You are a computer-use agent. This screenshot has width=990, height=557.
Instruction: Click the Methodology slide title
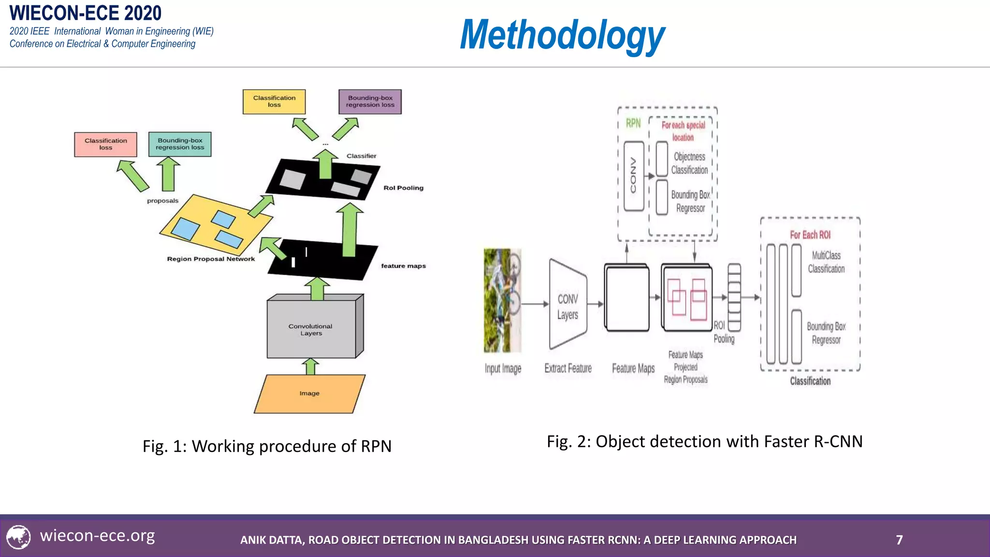click(562, 35)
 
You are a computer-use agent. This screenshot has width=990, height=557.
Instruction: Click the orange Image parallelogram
click(309, 394)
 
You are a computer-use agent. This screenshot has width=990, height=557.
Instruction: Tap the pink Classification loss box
click(105, 144)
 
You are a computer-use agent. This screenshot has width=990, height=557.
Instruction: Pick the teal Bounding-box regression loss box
click(180, 144)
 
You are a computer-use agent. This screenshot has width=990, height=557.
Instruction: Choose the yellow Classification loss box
click(274, 102)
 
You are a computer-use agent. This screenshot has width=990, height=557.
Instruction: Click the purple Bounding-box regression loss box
click(370, 102)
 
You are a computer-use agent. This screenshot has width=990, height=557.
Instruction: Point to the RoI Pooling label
click(403, 188)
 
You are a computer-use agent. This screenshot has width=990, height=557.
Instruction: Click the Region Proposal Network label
click(211, 259)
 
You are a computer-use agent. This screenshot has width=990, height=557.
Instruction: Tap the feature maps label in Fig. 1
click(403, 266)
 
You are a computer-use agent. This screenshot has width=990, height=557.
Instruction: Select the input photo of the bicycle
click(503, 300)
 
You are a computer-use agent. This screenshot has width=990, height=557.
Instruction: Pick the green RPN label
click(633, 123)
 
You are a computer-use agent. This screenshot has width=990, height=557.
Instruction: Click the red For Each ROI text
click(810, 235)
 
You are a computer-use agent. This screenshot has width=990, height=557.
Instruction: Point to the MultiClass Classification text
click(826, 262)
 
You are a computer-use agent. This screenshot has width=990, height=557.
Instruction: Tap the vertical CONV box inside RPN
click(633, 176)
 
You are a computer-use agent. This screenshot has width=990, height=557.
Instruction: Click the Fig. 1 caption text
click(267, 446)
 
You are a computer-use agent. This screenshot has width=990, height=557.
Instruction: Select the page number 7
click(899, 540)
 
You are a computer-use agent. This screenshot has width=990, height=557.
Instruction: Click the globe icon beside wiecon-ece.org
click(18, 537)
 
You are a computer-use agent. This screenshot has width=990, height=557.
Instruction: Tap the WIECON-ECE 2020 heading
click(86, 13)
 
